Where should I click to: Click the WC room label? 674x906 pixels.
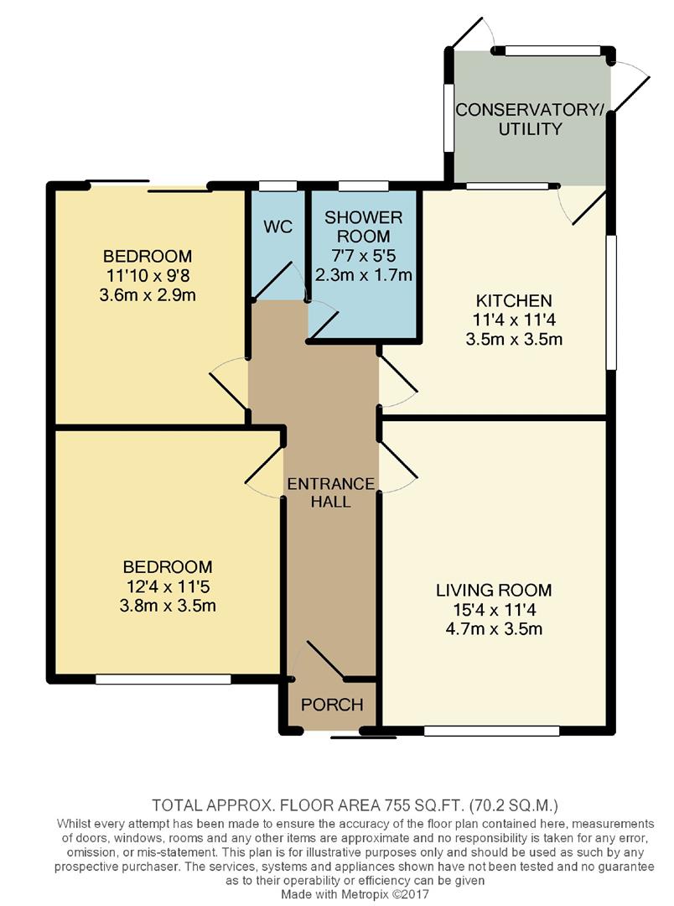pyautogui.click(x=277, y=226)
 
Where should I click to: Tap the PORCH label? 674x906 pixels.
pyautogui.click(x=332, y=705)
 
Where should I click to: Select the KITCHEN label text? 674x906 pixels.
pyautogui.click(x=514, y=300)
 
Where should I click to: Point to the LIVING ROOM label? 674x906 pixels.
pyautogui.click(x=494, y=590)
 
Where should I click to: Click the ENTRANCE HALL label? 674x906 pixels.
pyautogui.click(x=331, y=492)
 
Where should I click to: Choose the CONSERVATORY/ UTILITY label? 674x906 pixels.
pyautogui.click(x=530, y=119)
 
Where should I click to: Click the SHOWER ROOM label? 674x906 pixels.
pyautogui.click(x=363, y=226)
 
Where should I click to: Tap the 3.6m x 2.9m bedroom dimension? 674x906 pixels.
pyautogui.click(x=148, y=295)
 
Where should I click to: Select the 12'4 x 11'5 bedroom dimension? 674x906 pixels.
pyautogui.click(x=168, y=587)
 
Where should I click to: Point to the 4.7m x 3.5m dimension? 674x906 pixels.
pyautogui.click(x=494, y=628)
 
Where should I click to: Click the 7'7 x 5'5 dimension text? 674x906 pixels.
pyautogui.click(x=363, y=255)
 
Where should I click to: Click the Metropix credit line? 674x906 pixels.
pyautogui.click(x=355, y=894)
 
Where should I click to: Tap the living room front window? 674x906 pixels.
pyautogui.click(x=491, y=731)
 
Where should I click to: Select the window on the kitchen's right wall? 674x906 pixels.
pyautogui.click(x=610, y=302)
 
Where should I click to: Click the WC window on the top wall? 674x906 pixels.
pyautogui.click(x=277, y=186)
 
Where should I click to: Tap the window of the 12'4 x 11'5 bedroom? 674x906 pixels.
pyautogui.click(x=163, y=680)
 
